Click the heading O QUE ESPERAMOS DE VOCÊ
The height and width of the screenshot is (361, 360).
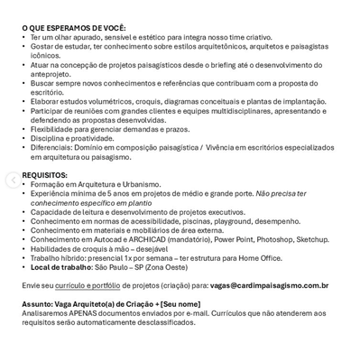coord(74,28)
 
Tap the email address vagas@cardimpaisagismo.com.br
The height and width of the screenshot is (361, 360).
coord(269,285)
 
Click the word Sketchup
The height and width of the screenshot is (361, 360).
coord(313,239)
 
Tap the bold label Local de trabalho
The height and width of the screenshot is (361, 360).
coord(61,267)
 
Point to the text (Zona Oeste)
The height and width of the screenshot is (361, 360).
coord(166,267)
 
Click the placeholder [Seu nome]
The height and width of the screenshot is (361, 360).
coord(180,303)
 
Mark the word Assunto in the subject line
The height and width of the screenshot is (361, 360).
coord(38,303)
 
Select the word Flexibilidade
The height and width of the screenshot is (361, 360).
coord(55,129)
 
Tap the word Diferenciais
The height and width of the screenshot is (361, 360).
coord(53,147)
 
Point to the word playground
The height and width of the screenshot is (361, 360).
coord(232,220)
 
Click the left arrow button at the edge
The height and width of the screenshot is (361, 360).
coord(11,180)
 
